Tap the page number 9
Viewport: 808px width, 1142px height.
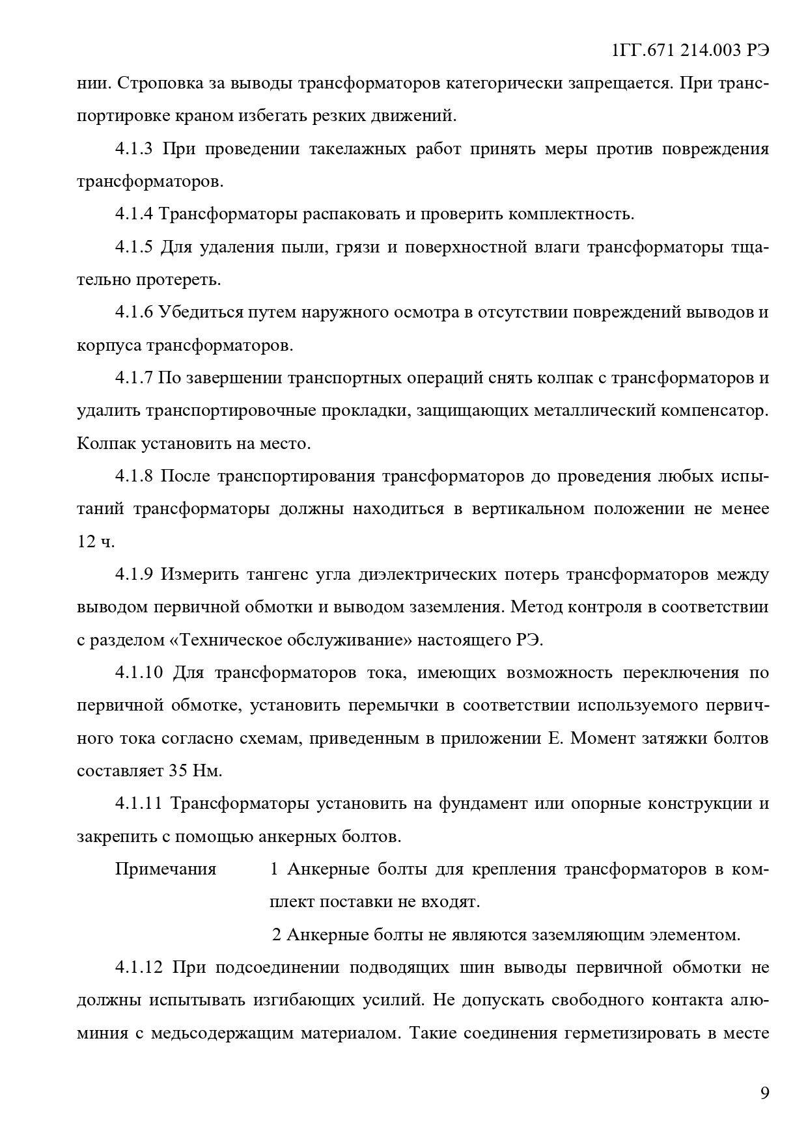(764, 1093)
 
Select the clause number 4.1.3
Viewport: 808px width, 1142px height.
(133, 149)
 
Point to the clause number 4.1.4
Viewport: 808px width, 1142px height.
(133, 214)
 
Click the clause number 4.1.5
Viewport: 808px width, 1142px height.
(133, 247)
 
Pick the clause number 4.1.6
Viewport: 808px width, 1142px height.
(133, 312)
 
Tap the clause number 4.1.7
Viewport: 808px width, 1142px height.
(133, 378)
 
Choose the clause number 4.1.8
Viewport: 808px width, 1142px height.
(133, 476)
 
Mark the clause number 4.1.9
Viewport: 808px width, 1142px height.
(133, 575)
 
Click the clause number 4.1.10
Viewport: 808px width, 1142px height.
(139, 672)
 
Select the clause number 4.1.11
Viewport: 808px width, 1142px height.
(139, 804)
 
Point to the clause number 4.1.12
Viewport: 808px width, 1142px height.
(139, 967)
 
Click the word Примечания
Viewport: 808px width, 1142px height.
(165, 869)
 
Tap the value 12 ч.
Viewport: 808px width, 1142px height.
(96, 542)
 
